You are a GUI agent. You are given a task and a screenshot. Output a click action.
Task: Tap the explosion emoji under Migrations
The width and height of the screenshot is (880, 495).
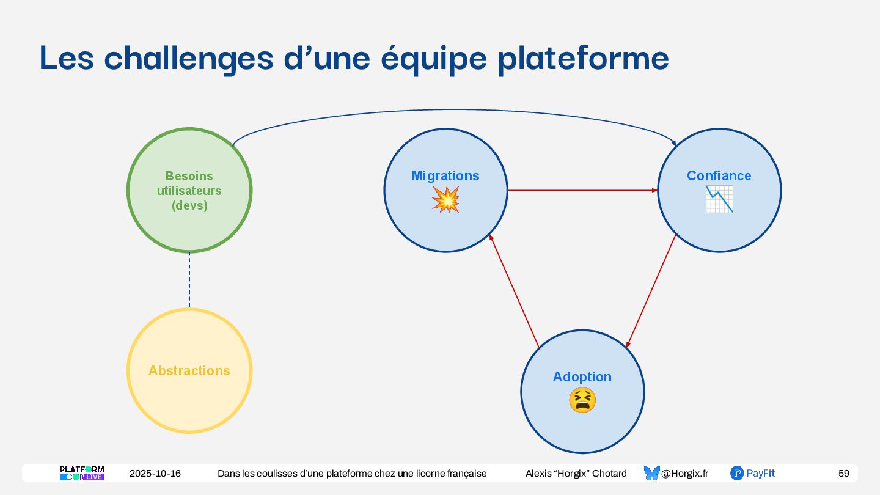[x=446, y=200]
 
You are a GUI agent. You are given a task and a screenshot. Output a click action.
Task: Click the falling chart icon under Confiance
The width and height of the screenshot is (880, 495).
[x=719, y=199]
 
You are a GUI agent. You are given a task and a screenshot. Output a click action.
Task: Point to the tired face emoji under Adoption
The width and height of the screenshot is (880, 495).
[x=582, y=400]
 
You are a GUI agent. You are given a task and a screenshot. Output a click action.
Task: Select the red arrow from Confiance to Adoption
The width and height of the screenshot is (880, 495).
[x=651, y=290]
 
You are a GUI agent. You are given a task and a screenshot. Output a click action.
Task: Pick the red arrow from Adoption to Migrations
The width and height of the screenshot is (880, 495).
[x=514, y=291]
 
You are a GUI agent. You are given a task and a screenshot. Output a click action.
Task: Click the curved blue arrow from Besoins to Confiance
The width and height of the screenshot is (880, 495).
[x=452, y=110]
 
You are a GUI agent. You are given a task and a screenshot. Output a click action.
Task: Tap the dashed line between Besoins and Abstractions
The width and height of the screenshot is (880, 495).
[x=189, y=280]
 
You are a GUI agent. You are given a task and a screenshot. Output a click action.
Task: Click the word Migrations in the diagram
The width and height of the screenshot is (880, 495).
[x=446, y=176]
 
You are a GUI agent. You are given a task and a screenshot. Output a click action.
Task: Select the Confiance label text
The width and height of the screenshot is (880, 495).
[x=719, y=176]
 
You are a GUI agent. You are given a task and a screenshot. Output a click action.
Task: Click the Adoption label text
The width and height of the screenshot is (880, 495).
[x=582, y=377]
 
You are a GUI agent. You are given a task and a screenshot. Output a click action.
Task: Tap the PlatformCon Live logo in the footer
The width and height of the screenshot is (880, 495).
[x=82, y=473]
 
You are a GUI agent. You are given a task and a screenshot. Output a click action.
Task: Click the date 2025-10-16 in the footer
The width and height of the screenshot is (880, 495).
[x=155, y=474]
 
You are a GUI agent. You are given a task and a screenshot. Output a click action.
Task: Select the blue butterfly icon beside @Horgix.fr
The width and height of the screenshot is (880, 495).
[x=651, y=473]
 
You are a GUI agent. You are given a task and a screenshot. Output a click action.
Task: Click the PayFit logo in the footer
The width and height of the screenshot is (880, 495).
[x=753, y=473]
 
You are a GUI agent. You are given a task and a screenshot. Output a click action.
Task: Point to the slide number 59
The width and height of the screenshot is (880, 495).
[x=843, y=474]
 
